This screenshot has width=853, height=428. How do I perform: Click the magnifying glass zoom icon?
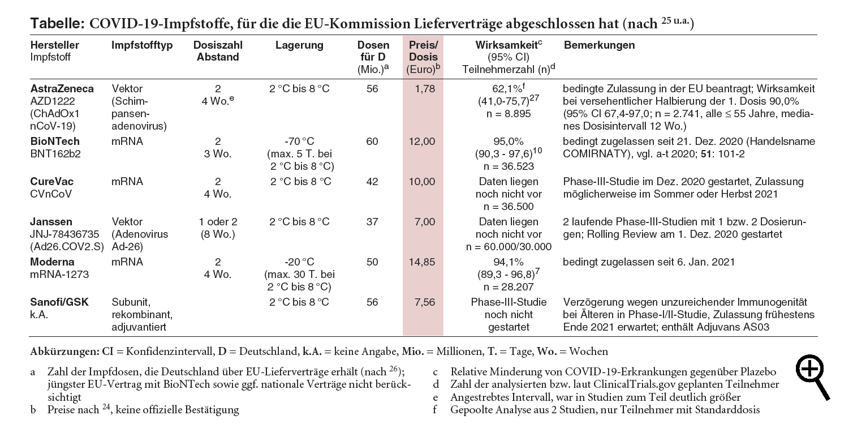tap(812, 377)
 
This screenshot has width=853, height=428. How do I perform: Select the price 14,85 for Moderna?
tap(422, 262)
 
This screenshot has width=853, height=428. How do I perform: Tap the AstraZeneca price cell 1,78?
tap(425, 89)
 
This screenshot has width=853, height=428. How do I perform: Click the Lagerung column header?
tap(299, 45)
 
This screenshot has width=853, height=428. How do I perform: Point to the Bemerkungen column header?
tap(599, 45)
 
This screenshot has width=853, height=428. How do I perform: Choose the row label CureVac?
tap(51, 182)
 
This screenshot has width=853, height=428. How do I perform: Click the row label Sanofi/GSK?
tap(59, 302)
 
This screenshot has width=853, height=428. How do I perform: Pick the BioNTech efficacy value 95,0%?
tap(508, 142)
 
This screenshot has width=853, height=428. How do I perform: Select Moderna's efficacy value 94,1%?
tap(508, 262)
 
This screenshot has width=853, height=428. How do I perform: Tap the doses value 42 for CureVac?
tap(372, 182)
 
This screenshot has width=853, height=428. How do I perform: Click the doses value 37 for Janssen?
tap(372, 222)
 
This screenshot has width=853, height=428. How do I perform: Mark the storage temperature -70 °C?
tap(299, 142)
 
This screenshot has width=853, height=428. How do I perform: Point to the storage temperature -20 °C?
tap(299, 262)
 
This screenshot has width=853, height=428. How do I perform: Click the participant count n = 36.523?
tap(508, 166)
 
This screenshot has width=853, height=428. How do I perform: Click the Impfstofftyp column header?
tap(142, 45)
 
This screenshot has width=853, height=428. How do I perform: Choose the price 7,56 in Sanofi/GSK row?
tap(425, 302)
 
